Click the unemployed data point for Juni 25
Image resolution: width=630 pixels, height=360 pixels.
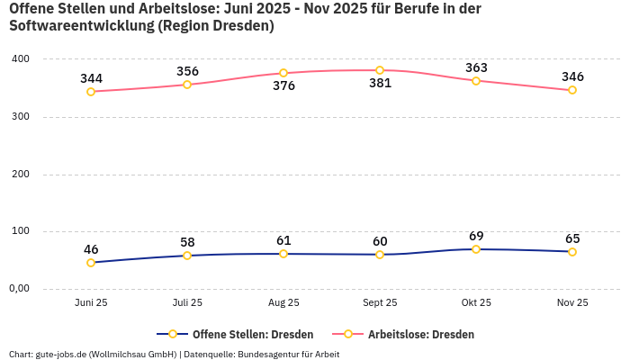click(x=91, y=92)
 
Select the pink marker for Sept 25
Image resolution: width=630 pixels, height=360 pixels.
click(x=380, y=70)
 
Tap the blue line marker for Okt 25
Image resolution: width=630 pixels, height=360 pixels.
click(x=476, y=249)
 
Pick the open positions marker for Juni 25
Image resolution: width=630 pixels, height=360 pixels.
click(x=91, y=263)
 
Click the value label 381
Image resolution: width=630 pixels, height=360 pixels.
click(x=380, y=90)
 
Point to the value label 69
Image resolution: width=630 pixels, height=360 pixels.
click(x=476, y=236)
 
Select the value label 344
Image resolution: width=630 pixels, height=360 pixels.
click(x=91, y=78)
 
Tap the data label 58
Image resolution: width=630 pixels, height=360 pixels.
click(x=187, y=242)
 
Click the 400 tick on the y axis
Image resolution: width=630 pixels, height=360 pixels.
click(x=20, y=59)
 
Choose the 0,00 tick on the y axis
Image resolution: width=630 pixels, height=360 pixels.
click(x=20, y=289)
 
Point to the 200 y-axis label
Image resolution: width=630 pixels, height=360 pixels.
click(x=20, y=174)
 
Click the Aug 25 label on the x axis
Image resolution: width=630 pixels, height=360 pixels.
click(x=283, y=303)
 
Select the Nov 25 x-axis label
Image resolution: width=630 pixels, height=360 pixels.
click(x=572, y=303)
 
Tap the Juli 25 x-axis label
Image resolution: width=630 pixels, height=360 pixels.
click(x=187, y=303)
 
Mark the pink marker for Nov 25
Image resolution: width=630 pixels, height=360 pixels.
click(x=572, y=90)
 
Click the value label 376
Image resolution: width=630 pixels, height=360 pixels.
click(x=283, y=86)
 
